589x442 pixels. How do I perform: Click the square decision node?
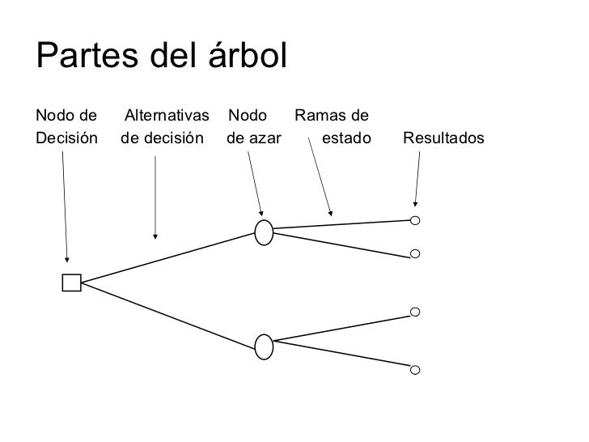(x=71, y=282)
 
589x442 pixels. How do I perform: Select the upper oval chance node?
(x=264, y=232)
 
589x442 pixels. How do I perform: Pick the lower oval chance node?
(x=264, y=346)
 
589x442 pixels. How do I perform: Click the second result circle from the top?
(x=415, y=254)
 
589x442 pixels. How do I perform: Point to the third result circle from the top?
(x=415, y=312)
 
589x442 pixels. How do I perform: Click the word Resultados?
(x=443, y=138)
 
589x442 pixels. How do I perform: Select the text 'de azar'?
(x=254, y=138)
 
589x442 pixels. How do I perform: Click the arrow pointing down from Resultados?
(x=417, y=180)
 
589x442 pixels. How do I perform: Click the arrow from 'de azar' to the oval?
(x=254, y=185)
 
